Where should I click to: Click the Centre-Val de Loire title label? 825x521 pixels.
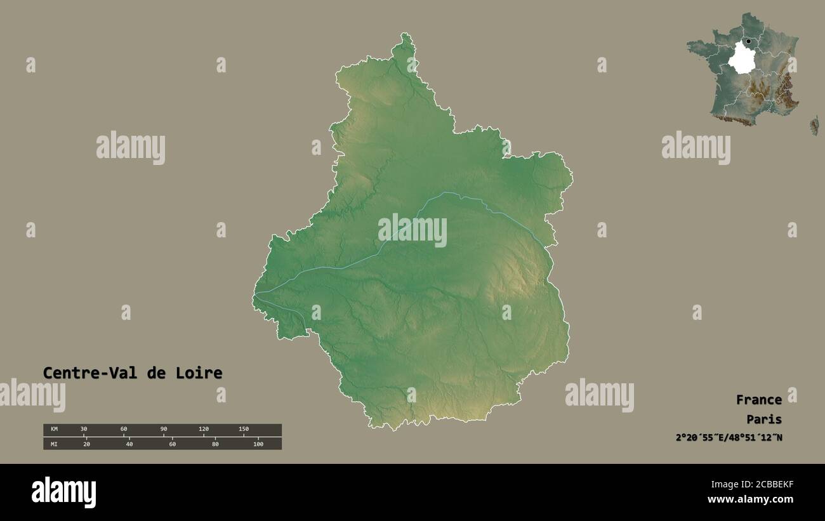pyautogui.click(x=133, y=373)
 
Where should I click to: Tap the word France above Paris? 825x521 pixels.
pyautogui.click(x=758, y=400)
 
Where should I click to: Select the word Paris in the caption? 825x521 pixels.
pyautogui.click(x=764, y=419)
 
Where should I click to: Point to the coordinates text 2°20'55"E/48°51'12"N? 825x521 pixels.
pyautogui.click(x=729, y=437)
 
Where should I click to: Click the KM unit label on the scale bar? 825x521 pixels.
pyautogui.click(x=54, y=430)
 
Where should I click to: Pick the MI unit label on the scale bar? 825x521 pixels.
pyautogui.click(x=54, y=444)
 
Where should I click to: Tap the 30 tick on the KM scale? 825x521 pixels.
pyautogui.click(x=84, y=430)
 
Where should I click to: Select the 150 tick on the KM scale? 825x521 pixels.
pyautogui.click(x=244, y=430)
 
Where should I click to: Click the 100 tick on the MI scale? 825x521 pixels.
pyautogui.click(x=258, y=444)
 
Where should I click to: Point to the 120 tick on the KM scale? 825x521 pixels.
pyautogui.click(x=204, y=430)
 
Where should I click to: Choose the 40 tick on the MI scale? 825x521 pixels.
pyautogui.click(x=129, y=444)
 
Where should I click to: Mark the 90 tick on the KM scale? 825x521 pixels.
pyautogui.click(x=164, y=430)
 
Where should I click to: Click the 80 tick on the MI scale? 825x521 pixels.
pyautogui.click(x=215, y=444)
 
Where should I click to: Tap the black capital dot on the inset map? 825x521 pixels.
pyautogui.click(x=749, y=42)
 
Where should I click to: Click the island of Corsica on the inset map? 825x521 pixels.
pyautogui.click(x=814, y=125)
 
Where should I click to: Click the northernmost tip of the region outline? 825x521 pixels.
pyautogui.click(x=405, y=35)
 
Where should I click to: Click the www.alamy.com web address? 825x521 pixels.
pyautogui.click(x=751, y=500)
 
